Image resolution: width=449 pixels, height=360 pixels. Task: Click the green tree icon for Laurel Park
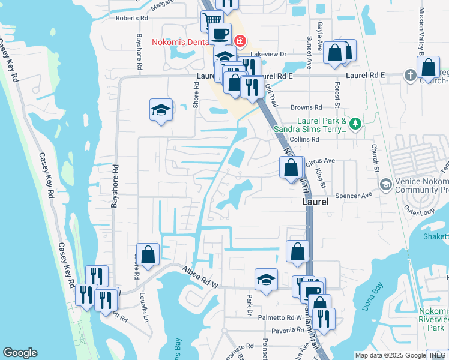tap(355, 124)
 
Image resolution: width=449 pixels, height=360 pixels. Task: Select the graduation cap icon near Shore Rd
tap(161, 109)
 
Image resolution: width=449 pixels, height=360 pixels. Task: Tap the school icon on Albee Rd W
tap(267, 279)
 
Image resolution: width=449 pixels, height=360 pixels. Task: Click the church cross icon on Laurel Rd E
tap(410, 75)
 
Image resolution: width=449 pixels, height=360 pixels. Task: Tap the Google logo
tap(20, 353)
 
